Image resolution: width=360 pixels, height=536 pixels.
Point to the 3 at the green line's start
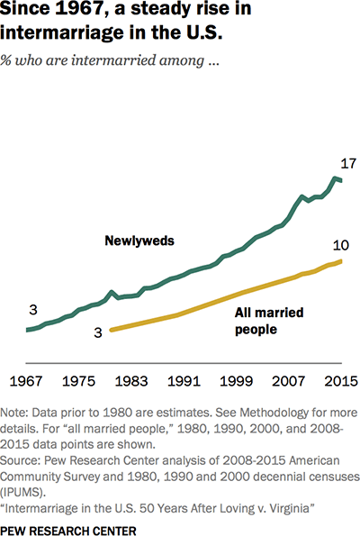[x=33, y=311]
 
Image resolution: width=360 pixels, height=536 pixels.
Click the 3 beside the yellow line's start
[x=98, y=332]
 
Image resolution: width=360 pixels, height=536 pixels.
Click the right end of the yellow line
[x=343, y=260]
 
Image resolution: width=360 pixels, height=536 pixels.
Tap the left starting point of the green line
[x=27, y=330]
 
